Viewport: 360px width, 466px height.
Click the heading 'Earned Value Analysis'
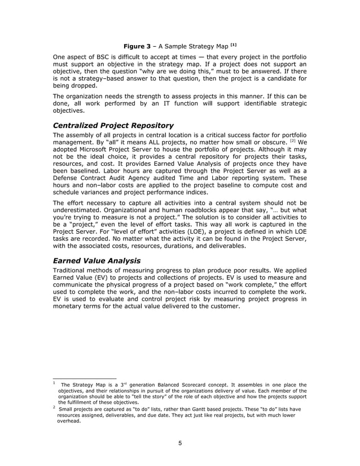click(96, 261)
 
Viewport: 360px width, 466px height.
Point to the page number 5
click(179, 443)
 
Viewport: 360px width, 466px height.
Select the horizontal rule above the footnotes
click(84, 378)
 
